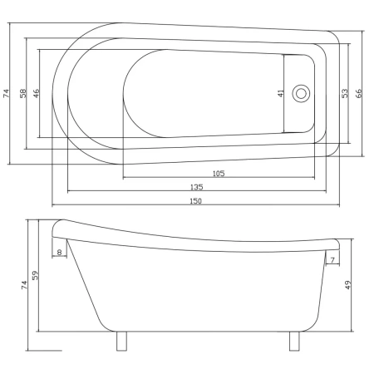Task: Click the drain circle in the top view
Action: click(301, 93)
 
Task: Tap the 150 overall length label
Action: click(195, 201)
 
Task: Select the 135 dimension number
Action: click(197, 187)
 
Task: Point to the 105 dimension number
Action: click(219, 174)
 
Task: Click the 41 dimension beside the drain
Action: click(281, 93)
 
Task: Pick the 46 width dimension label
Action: click(37, 93)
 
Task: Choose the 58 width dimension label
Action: click(23, 93)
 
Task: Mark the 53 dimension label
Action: click(344, 93)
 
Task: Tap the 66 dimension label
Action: click(358, 93)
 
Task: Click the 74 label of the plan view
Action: click(7, 93)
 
